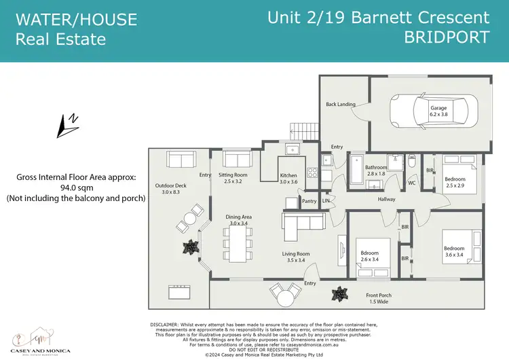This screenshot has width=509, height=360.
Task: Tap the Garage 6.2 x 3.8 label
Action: [x=438, y=111]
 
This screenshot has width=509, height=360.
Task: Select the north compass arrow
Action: [x=69, y=124]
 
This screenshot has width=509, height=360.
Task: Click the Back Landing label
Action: [x=340, y=104]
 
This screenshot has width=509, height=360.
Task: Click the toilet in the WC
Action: [x=412, y=165]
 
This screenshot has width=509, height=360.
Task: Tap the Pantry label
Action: [x=309, y=201]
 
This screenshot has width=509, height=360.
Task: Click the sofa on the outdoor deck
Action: [x=181, y=160]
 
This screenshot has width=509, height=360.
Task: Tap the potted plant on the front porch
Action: [x=337, y=294]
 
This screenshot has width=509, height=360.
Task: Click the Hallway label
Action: [x=387, y=199]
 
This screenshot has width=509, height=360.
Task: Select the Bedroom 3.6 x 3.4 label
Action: [x=453, y=252]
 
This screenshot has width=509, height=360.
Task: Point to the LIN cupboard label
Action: [x=326, y=200]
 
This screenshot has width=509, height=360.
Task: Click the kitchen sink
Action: [x=293, y=150]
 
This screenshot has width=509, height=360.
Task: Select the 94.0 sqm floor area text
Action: [x=76, y=188]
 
